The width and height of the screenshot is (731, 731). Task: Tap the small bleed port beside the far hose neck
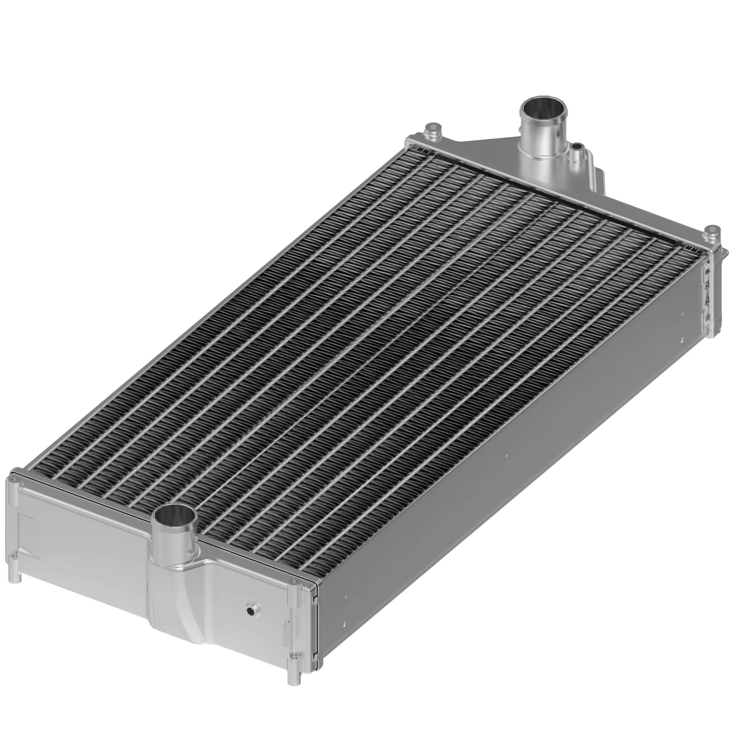tap(577, 147)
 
